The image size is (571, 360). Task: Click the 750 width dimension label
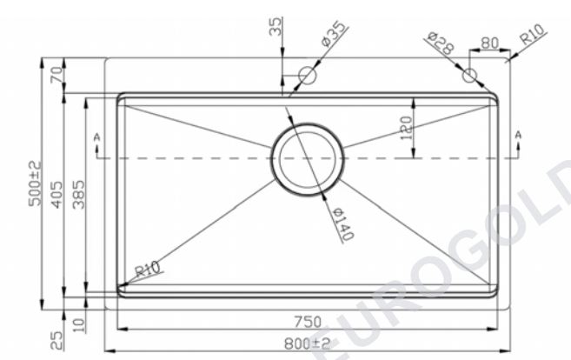tap(308, 322)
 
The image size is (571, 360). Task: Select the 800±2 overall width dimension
tap(308, 343)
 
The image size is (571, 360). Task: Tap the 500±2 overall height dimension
tap(36, 183)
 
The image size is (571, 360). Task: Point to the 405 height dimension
tap(56, 195)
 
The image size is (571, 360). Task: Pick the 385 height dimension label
tap(78, 195)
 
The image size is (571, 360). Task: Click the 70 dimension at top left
tap(56, 76)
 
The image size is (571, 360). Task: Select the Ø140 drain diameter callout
tap(343, 224)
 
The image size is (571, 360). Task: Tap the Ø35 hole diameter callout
tap(334, 34)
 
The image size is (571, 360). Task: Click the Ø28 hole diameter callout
tap(441, 43)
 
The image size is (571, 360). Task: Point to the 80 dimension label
tap(489, 43)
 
